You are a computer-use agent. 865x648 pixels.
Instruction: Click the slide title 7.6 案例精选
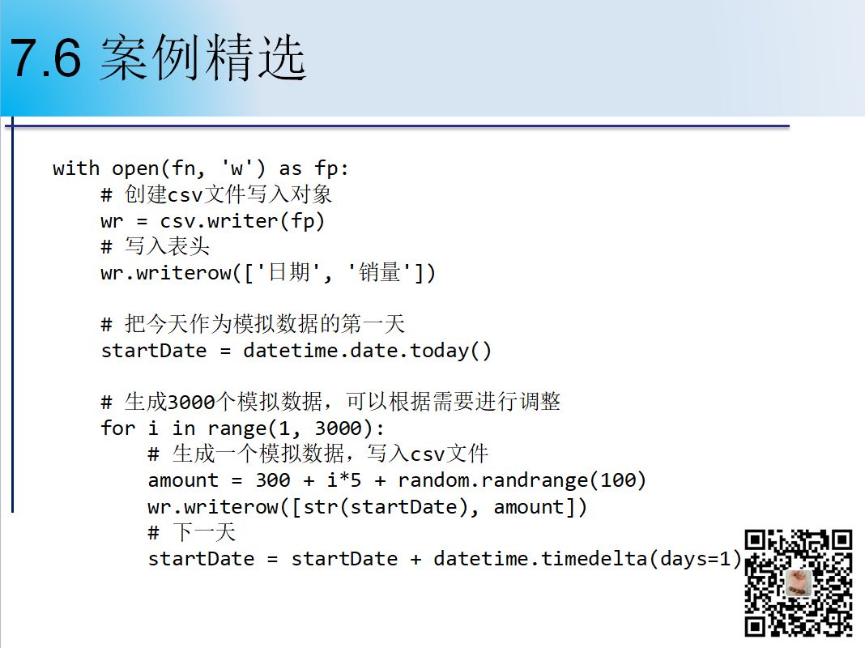pyautogui.click(x=158, y=58)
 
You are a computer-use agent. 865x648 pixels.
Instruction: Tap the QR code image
pyautogui.click(x=798, y=582)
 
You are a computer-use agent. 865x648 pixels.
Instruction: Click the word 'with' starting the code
pyautogui.click(x=76, y=168)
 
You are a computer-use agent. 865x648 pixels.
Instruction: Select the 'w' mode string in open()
pyautogui.click(x=236, y=168)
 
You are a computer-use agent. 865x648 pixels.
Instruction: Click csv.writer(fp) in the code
pyautogui.click(x=241, y=221)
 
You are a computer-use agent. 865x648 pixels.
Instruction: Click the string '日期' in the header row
pyautogui.click(x=288, y=272)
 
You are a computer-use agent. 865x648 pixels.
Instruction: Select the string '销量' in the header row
pyautogui.click(x=379, y=272)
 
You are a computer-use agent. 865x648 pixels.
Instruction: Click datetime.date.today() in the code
pyautogui.click(x=367, y=351)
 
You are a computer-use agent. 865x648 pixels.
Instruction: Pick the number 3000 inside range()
pyautogui.click(x=339, y=428)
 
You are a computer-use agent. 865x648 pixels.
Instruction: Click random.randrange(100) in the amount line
pyautogui.click(x=522, y=480)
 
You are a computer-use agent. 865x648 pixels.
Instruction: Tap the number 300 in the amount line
pyautogui.click(x=272, y=480)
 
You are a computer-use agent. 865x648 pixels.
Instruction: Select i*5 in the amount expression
pyautogui.click(x=343, y=480)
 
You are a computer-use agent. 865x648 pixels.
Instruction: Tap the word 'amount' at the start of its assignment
pyautogui.click(x=183, y=480)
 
